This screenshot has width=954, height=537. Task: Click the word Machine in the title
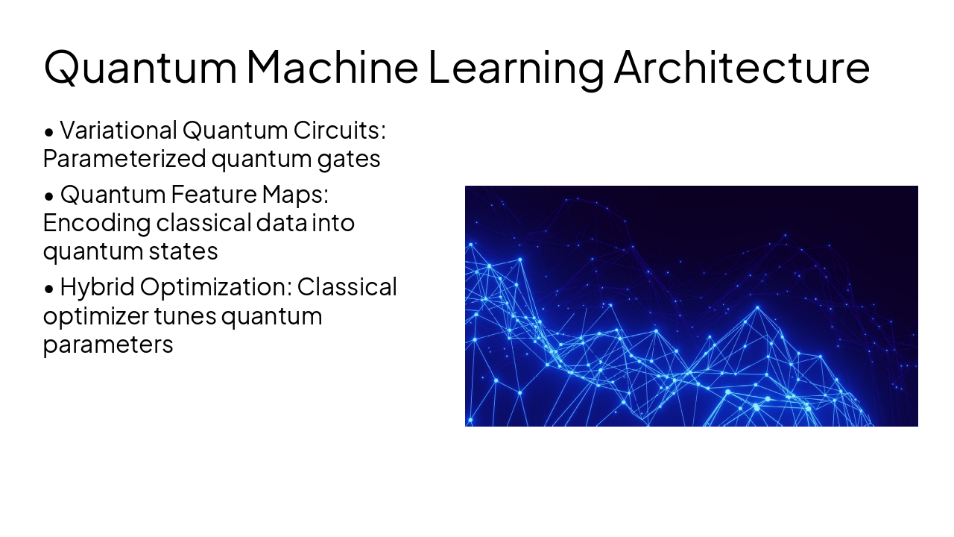(x=332, y=67)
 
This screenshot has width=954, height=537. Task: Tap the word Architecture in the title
(x=742, y=67)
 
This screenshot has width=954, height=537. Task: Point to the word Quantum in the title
(x=140, y=68)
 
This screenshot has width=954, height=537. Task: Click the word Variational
(x=119, y=130)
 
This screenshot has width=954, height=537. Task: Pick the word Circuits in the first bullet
(x=339, y=130)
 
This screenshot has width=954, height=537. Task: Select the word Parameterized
(x=124, y=159)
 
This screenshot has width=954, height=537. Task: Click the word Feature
(x=214, y=195)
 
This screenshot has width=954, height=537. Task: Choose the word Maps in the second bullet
(x=296, y=195)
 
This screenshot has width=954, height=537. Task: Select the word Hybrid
(x=98, y=287)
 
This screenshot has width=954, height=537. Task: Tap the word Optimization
(x=216, y=288)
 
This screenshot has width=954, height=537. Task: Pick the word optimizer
(x=96, y=317)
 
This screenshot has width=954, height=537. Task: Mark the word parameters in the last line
(x=108, y=345)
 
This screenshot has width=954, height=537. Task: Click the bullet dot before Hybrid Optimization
(x=49, y=289)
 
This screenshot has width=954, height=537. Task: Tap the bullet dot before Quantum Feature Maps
(x=49, y=196)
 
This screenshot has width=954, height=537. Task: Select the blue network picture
(x=691, y=306)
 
